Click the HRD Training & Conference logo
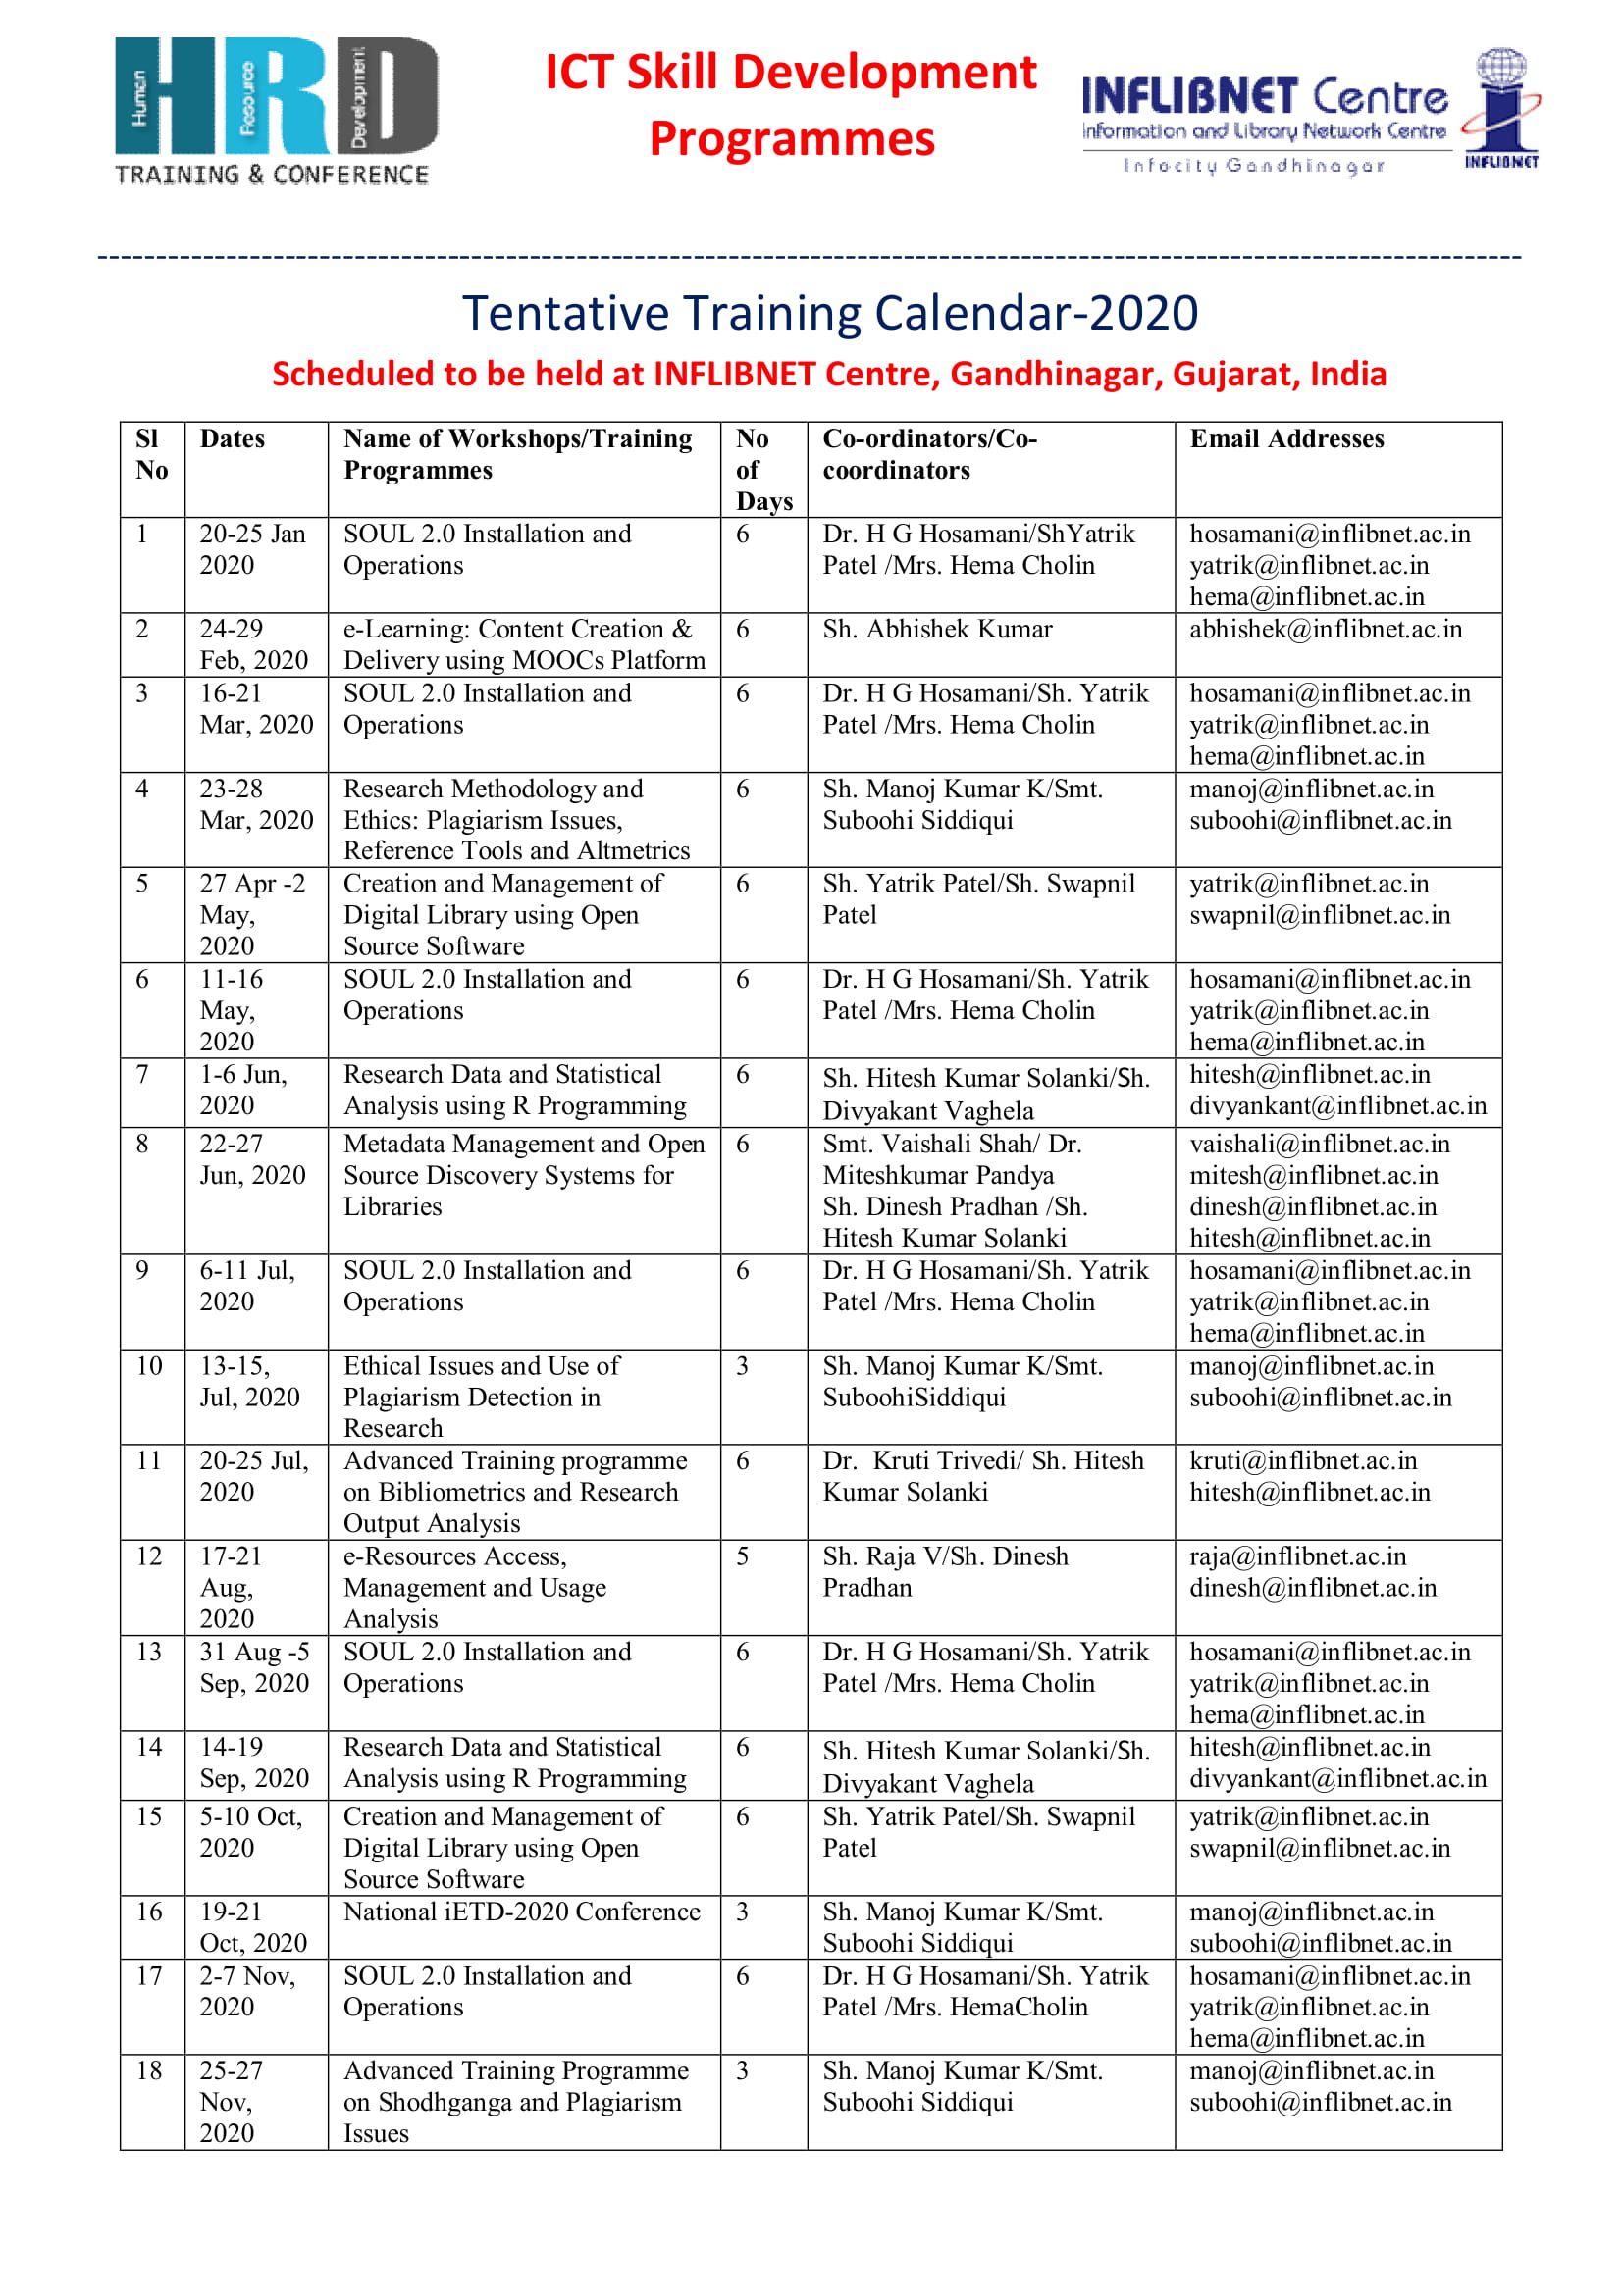pyautogui.click(x=275, y=112)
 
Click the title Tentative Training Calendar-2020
pyautogui.click(x=829, y=313)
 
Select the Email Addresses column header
pyautogui.click(x=1286, y=439)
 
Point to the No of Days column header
pyautogui.click(x=763, y=470)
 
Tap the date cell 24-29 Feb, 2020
pyautogui.click(x=254, y=644)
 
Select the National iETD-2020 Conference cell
pyautogui.click(x=522, y=1912)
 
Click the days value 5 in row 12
pyautogui.click(x=743, y=1556)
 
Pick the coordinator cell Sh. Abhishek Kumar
pyautogui.click(x=937, y=630)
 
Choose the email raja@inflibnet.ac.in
pyautogui.click(x=1297, y=1556)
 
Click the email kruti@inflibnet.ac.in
pyautogui.click(x=1303, y=1460)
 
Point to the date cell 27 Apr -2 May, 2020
pyautogui.click(x=252, y=914)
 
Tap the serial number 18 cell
pyautogui.click(x=150, y=2071)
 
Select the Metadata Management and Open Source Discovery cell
pyautogui.click(x=524, y=1175)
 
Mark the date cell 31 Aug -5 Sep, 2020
pyautogui.click(x=254, y=1667)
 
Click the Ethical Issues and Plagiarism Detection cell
pyautogui.click(x=482, y=1397)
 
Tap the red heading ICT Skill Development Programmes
pyautogui.click(x=791, y=105)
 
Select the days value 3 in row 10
pyautogui.click(x=743, y=1366)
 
